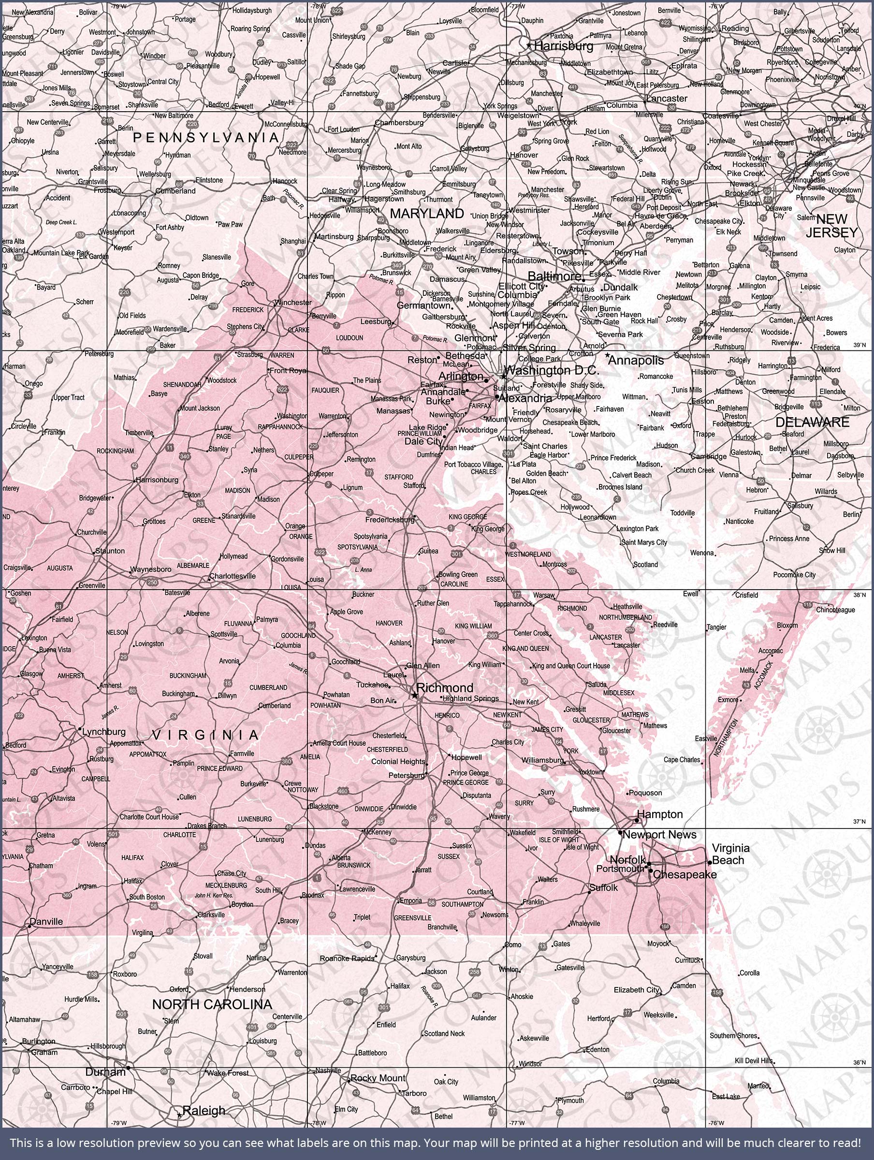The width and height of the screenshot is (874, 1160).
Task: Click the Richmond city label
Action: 444,687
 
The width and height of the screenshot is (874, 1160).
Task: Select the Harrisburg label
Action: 564,46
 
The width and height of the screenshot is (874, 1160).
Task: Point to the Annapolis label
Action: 636,361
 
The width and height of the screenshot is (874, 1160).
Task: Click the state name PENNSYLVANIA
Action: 205,137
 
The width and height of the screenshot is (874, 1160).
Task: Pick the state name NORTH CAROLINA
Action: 212,1004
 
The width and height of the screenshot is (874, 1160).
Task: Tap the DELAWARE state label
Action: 812,422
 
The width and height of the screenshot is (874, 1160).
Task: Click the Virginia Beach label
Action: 730,854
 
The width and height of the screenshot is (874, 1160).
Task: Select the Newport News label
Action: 659,834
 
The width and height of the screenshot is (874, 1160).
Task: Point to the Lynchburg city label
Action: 104,732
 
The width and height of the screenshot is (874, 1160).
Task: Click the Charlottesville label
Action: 233,576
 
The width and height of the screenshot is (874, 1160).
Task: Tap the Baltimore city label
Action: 554,276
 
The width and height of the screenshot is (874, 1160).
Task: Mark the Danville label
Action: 46,921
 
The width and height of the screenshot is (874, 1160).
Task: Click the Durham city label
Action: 105,1073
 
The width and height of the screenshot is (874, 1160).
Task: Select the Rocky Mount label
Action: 378,1078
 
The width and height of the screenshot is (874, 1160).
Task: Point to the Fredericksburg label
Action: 390,520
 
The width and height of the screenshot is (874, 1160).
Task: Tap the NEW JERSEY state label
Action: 831,226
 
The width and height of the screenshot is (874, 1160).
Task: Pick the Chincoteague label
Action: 835,609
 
